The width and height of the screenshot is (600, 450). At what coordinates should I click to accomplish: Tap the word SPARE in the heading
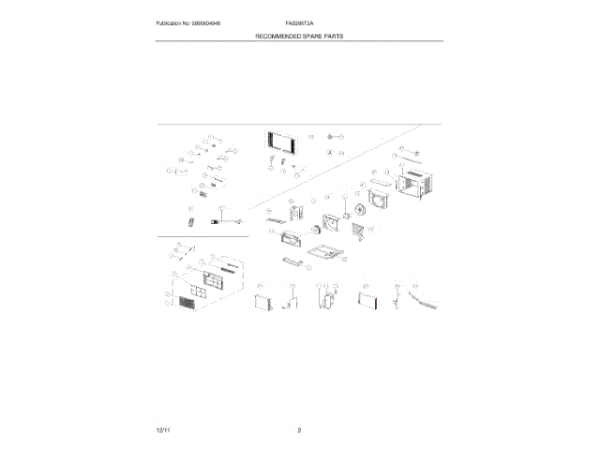(x=310, y=36)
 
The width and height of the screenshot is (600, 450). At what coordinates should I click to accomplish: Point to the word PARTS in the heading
(x=334, y=36)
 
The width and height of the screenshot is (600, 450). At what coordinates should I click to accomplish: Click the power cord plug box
(x=216, y=222)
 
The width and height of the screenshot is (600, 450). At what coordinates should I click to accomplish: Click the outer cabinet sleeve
(x=413, y=187)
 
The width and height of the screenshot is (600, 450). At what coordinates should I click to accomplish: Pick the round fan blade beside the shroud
(x=357, y=211)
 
